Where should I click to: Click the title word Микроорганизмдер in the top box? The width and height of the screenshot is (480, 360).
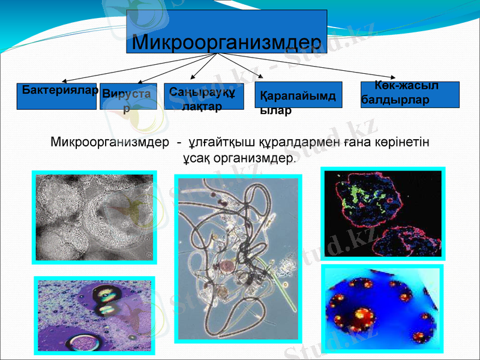coord(226,42)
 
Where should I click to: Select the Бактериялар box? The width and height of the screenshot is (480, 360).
coord(56,96)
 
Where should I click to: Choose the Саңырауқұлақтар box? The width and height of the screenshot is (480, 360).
coord(203,97)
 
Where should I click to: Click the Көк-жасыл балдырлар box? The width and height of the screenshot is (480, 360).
coord(410,94)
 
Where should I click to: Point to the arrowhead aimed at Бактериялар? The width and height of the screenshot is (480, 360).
coord(64,81)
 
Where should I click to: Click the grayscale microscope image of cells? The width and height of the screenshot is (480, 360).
coord(94,217)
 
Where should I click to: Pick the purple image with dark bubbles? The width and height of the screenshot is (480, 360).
coord(94,314)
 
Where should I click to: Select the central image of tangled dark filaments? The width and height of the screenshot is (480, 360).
coord(238,258)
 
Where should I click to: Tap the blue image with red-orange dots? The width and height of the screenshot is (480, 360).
coord(382,308)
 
